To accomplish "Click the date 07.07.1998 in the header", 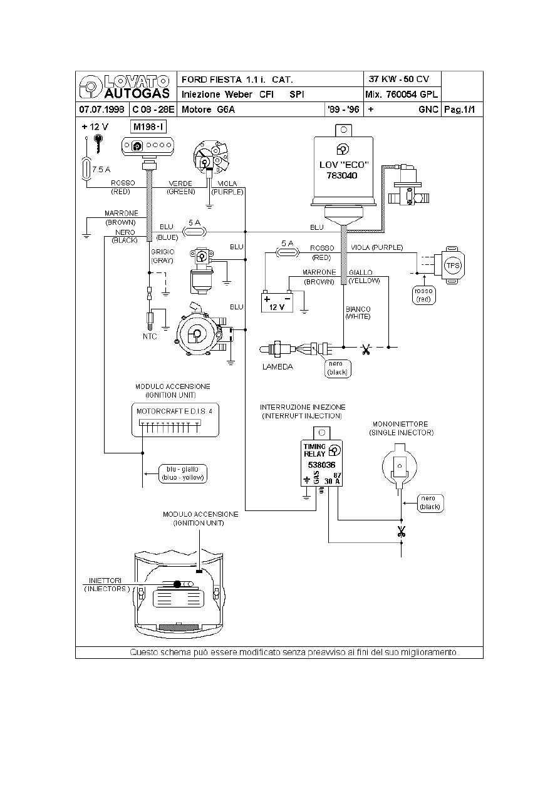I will click(x=101, y=110).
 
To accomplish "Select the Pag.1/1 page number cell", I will click(x=462, y=110).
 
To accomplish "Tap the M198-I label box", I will click(x=148, y=127).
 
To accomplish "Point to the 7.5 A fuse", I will click(x=87, y=169).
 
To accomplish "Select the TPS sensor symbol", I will click(x=452, y=266).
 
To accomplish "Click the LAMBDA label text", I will click(x=277, y=367).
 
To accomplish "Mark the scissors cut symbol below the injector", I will click(x=401, y=532).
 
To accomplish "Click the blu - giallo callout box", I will click(x=183, y=473).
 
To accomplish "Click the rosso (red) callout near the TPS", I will click(x=423, y=295).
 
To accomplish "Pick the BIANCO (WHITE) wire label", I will click(x=358, y=313).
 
